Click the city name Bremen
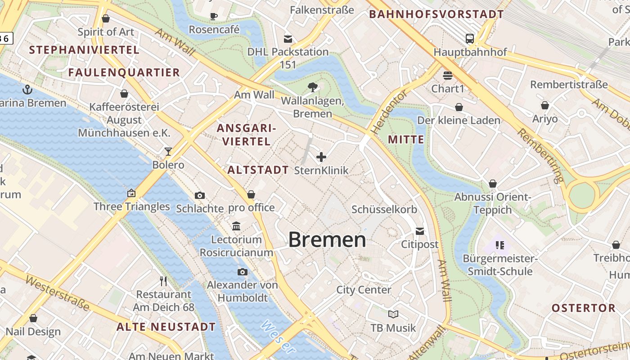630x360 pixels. tap(327, 239)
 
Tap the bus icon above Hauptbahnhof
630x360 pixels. tap(470, 39)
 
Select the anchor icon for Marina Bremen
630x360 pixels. tap(27, 89)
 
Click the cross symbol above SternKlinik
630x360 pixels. tap(321, 157)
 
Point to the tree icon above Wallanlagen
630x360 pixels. tap(312, 87)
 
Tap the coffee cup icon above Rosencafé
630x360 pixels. tap(214, 17)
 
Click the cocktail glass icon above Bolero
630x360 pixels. tap(168, 151)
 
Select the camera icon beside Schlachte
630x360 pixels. tap(200, 195)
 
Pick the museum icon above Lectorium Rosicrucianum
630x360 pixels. tap(236, 226)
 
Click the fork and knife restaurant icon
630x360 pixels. tap(164, 281)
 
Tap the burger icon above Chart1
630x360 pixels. tap(447, 75)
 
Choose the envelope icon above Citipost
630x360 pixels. tap(419, 231)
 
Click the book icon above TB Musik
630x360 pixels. tap(393, 314)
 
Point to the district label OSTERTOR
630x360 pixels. tap(584, 308)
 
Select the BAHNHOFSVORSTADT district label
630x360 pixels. tap(436, 14)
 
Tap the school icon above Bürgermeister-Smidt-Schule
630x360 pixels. tap(499, 245)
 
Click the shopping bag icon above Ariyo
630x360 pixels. tap(544, 105)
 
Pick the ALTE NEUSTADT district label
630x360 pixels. tap(166, 327)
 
